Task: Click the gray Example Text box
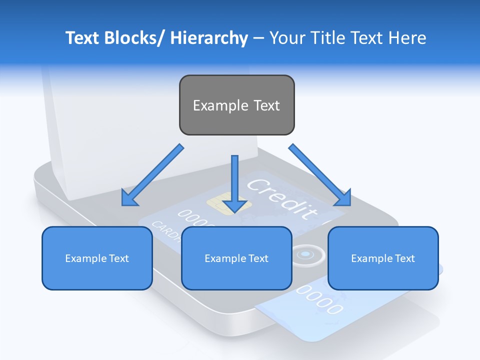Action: [x=236, y=105]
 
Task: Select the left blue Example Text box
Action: [x=97, y=258]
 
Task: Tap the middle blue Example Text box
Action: [x=236, y=258]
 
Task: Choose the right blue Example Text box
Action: [x=383, y=258]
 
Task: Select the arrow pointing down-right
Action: [x=320, y=175]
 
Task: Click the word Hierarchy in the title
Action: [x=209, y=38]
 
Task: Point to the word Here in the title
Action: [x=407, y=38]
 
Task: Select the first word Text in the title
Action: [x=82, y=38]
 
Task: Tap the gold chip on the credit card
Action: [x=220, y=204]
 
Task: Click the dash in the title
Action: [x=258, y=38]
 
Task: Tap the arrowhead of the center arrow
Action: [x=234, y=206]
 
